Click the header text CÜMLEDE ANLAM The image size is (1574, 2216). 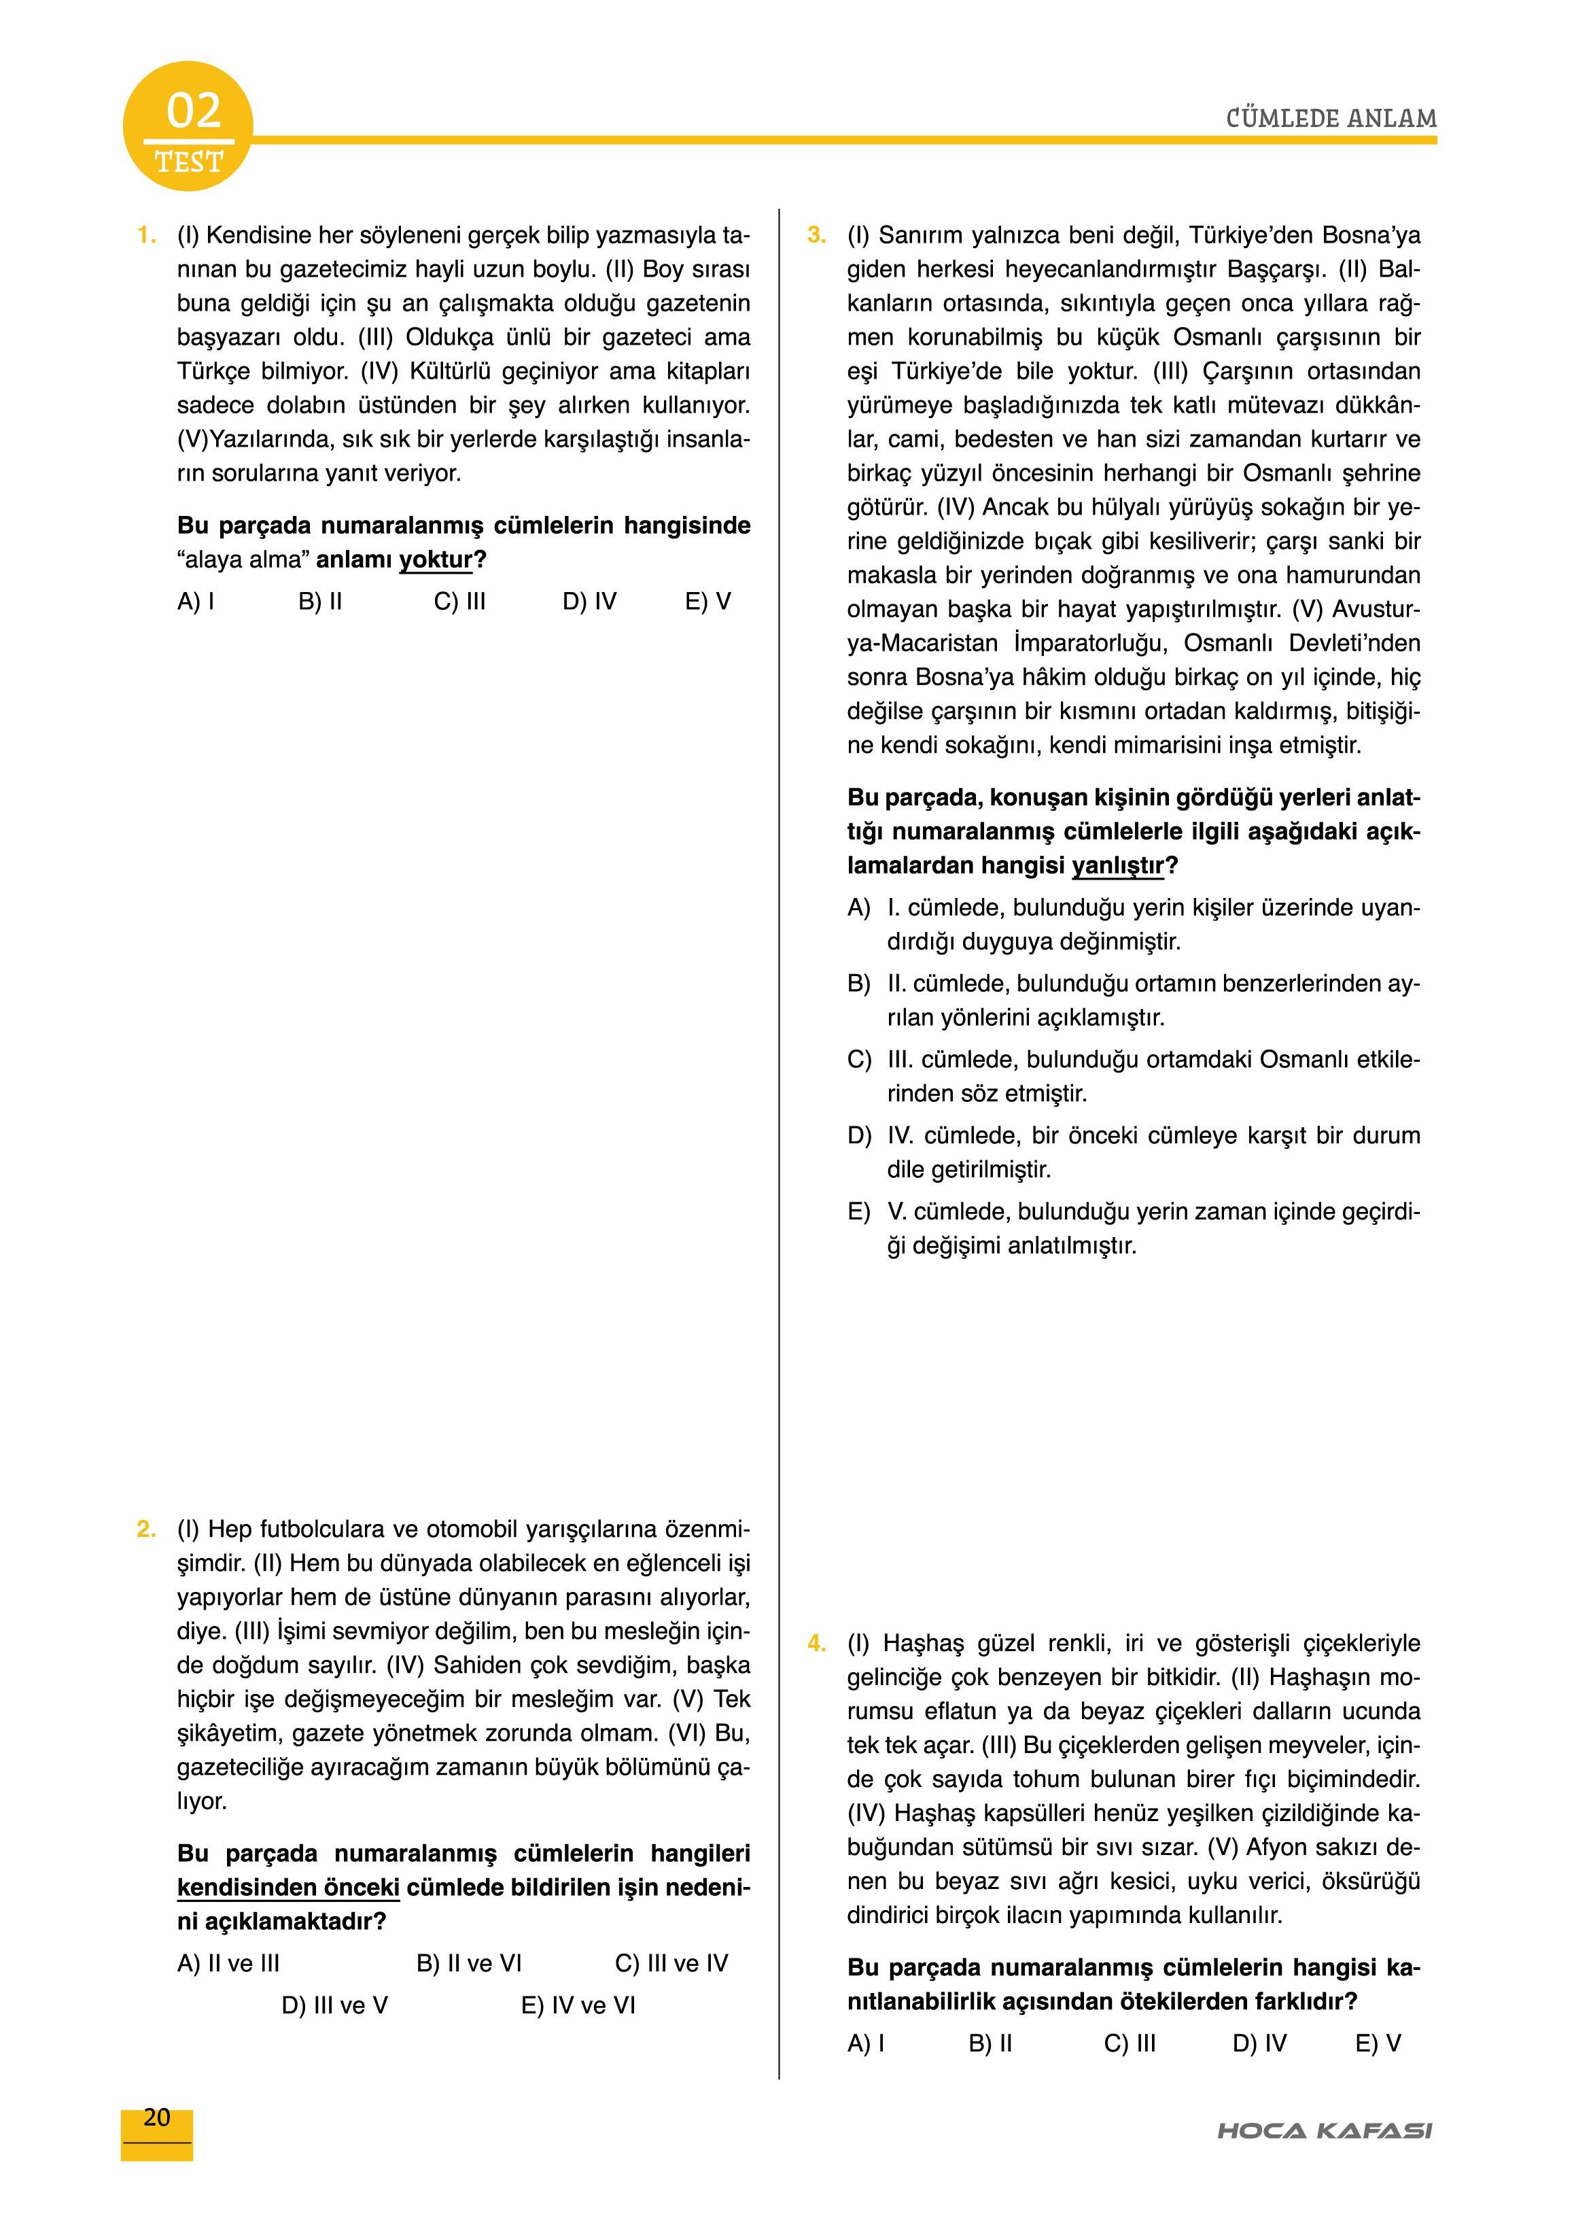pos(1331,119)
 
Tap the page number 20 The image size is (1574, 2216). pos(156,2118)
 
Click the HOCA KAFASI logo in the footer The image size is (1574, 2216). pos(1324,2131)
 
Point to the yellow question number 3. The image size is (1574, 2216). pos(817,236)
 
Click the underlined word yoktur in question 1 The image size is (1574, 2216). pos(436,560)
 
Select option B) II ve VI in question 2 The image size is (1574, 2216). pos(469,1964)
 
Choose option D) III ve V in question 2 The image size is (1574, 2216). pos(334,2006)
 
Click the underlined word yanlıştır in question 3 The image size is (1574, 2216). pos(1117,865)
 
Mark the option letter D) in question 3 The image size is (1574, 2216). pos(859,1136)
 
